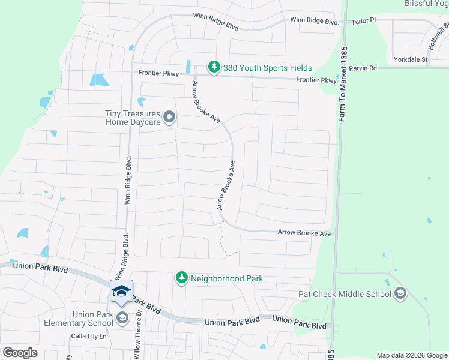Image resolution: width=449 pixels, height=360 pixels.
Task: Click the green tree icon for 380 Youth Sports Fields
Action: click(x=213, y=67)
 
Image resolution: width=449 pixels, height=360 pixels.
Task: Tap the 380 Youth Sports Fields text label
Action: click(x=268, y=68)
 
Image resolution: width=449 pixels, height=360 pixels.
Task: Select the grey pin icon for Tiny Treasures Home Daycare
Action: click(x=169, y=117)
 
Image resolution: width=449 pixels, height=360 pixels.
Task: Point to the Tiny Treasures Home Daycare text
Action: click(x=133, y=118)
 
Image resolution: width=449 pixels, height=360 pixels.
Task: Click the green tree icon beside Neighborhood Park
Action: click(x=181, y=278)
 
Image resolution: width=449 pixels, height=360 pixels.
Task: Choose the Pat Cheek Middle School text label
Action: click(x=345, y=294)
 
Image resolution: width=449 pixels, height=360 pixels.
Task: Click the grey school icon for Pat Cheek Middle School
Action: click(x=400, y=293)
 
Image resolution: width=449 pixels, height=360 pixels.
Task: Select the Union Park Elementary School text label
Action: click(x=93, y=319)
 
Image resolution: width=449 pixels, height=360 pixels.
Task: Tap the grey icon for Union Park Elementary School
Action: click(x=122, y=317)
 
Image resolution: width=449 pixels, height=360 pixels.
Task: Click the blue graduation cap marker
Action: click(x=121, y=291)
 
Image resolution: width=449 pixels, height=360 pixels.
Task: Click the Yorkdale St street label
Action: click(x=411, y=59)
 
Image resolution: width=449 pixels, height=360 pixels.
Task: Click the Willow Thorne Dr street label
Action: click(x=137, y=335)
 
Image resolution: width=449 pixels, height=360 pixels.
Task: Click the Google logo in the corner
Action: click(x=20, y=353)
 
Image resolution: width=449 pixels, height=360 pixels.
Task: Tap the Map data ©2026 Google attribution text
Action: click(x=412, y=355)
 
